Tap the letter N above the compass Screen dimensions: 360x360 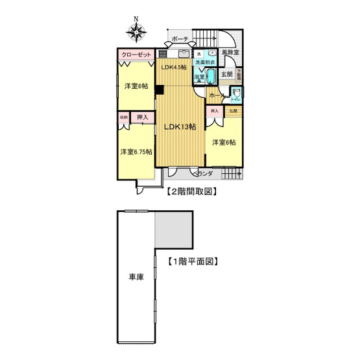click(x=136, y=19)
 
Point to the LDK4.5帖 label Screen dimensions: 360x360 click(x=173, y=67)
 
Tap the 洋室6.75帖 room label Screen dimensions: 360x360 click(x=136, y=152)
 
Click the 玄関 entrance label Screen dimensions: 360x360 click(x=226, y=73)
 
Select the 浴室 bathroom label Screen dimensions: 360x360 click(x=200, y=77)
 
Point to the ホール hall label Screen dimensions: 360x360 click(x=217, y=95)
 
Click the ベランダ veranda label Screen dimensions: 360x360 click(x=204, y=174)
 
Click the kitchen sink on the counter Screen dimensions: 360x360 click(x=182, y=53)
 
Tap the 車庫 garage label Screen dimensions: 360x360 click(x=136, y=277)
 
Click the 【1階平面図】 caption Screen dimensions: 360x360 click(x=191, y=263)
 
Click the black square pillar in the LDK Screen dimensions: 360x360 click(x=159, y=90)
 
